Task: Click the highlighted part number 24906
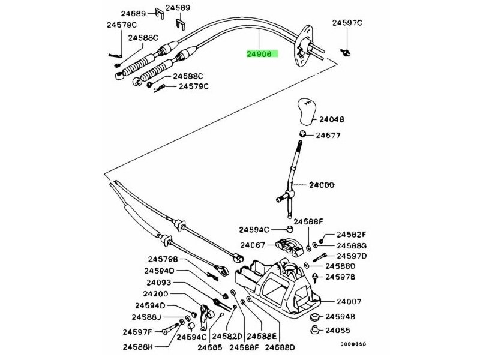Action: click(259, 53)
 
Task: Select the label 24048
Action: click(331, 119)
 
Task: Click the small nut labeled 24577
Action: click(304, 134)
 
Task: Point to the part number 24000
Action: click(322, 185)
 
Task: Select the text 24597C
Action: click(347, 23)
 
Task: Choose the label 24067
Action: click(253, 245)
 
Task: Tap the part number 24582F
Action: click(351, 235)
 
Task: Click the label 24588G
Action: click(351, 245)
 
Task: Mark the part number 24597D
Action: click(351, 256)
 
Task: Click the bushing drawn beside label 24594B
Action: click(313, 316)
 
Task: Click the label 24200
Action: click(155, 294)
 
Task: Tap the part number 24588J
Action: click(148, 317)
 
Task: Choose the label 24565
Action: click(210, 347)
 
